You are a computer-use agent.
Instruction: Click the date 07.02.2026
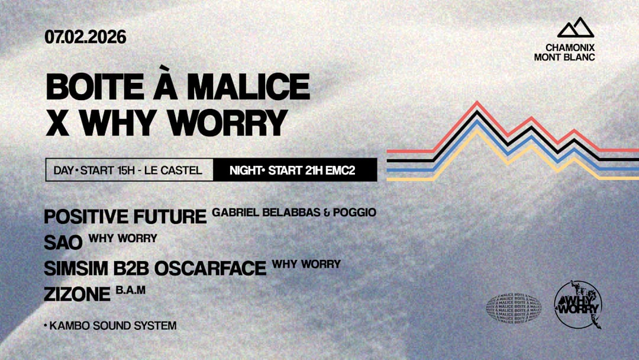[85, 37]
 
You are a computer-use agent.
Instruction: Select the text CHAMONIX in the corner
[570, 47]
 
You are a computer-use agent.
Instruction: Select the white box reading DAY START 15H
[129, 171]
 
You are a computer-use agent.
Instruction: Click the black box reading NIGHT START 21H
[295, 171]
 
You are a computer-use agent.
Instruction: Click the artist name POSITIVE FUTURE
[125, 217]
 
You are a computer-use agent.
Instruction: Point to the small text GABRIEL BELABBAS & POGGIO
[294, 212]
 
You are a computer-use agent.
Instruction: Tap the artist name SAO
[63, 242]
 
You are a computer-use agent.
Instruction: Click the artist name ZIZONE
[77, 294]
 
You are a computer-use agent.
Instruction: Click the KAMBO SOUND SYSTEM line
[110, 326]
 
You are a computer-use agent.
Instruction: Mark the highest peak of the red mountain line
[477, 102]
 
